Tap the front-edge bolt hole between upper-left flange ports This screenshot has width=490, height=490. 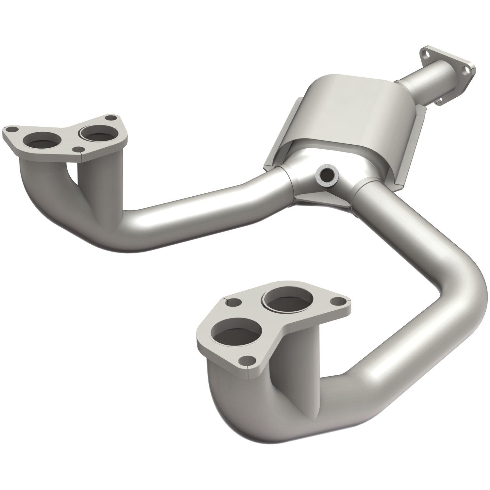point(77,149)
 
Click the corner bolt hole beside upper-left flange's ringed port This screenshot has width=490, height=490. point(110,118)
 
